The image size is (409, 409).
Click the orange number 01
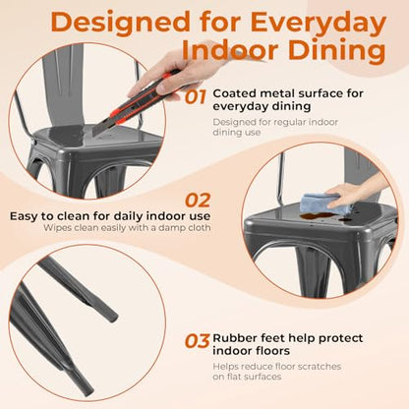[x=196, y=97]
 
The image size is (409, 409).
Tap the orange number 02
[x=198, y=201]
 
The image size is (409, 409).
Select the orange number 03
[x=197, y=341]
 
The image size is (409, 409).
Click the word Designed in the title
[x=120, y=23]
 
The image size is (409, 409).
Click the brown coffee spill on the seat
[x=318, y=216]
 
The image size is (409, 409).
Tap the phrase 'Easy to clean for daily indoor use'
[x=110, y=216]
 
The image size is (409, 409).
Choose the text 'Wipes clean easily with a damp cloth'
[x=127, y=227]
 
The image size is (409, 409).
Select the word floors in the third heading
[x=274, y=351]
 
